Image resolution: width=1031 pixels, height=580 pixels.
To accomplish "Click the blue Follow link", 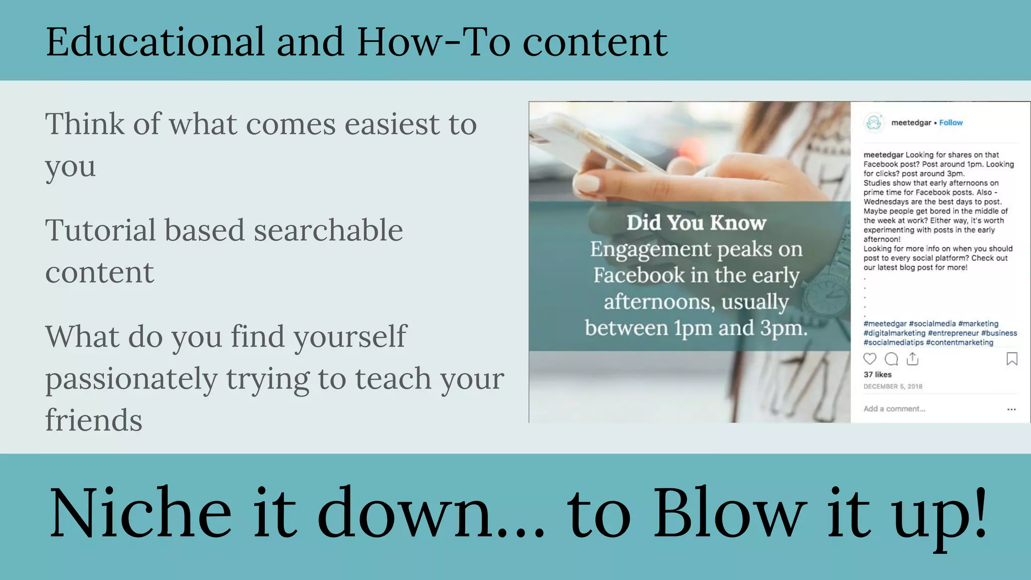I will (x=950, y=122).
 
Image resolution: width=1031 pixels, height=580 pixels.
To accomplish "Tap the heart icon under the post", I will (x=870, y=358).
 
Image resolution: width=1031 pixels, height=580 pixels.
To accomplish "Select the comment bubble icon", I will (x=892, y=358).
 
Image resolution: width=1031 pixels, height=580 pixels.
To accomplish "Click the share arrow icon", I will (x=913, y=358).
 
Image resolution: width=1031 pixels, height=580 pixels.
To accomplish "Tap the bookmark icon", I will (x=1012, y=358).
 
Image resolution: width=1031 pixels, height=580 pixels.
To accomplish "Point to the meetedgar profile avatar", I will (x=874, y=122).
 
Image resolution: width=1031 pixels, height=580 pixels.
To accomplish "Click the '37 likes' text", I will (x=877, y=375).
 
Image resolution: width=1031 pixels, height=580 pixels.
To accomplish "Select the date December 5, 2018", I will (x=893, y=386).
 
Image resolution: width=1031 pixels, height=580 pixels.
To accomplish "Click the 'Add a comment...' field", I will (x=895, y=409).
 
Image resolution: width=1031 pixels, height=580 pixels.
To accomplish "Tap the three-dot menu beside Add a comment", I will (x=1011, y=409).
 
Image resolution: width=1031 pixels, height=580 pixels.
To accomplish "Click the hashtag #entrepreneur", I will (x=953, y=333).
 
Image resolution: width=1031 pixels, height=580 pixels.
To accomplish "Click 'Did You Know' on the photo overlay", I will (x=696, y=223).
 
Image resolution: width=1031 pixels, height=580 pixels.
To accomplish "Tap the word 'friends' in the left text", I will (x=94, y=420).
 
